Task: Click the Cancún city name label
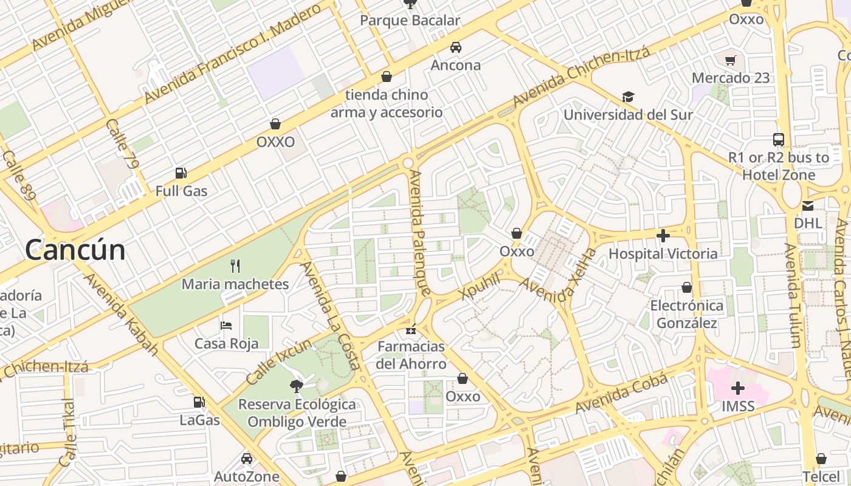pyautogui.click(x=75, y=250)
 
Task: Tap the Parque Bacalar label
pyautogui.click(x=410, y=21)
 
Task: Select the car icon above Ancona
pyautogui.click(x=455, y=47)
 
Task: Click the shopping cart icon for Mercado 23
pyautogui.click(x=731, y=60)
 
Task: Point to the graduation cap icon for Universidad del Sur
pyautogui.click(x=628, y=97)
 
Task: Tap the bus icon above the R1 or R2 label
pyautogui.click(x=779, y=139)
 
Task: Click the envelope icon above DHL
pyautogui.click(x=808, y=206)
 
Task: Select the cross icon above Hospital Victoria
pyautogui.click(x=663, y=235)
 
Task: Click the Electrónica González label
pyautogui.click(x=687, y=314)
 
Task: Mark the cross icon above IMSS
pyautogui.click(x=738, y=388)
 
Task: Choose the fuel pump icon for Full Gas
pyautogui.click(x=181, y=173)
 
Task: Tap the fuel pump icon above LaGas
pyautogui.click(x=199, y=402)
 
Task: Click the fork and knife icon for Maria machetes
pyautogui.click(x=235, y=265)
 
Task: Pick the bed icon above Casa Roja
pyautogui.click(x=226, y=325)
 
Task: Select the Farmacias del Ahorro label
pyautogui.click(x=412, y=355)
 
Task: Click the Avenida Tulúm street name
pyautogui.click(x=792, y=296)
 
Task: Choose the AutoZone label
pyautogui.click(x=246, y=477)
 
